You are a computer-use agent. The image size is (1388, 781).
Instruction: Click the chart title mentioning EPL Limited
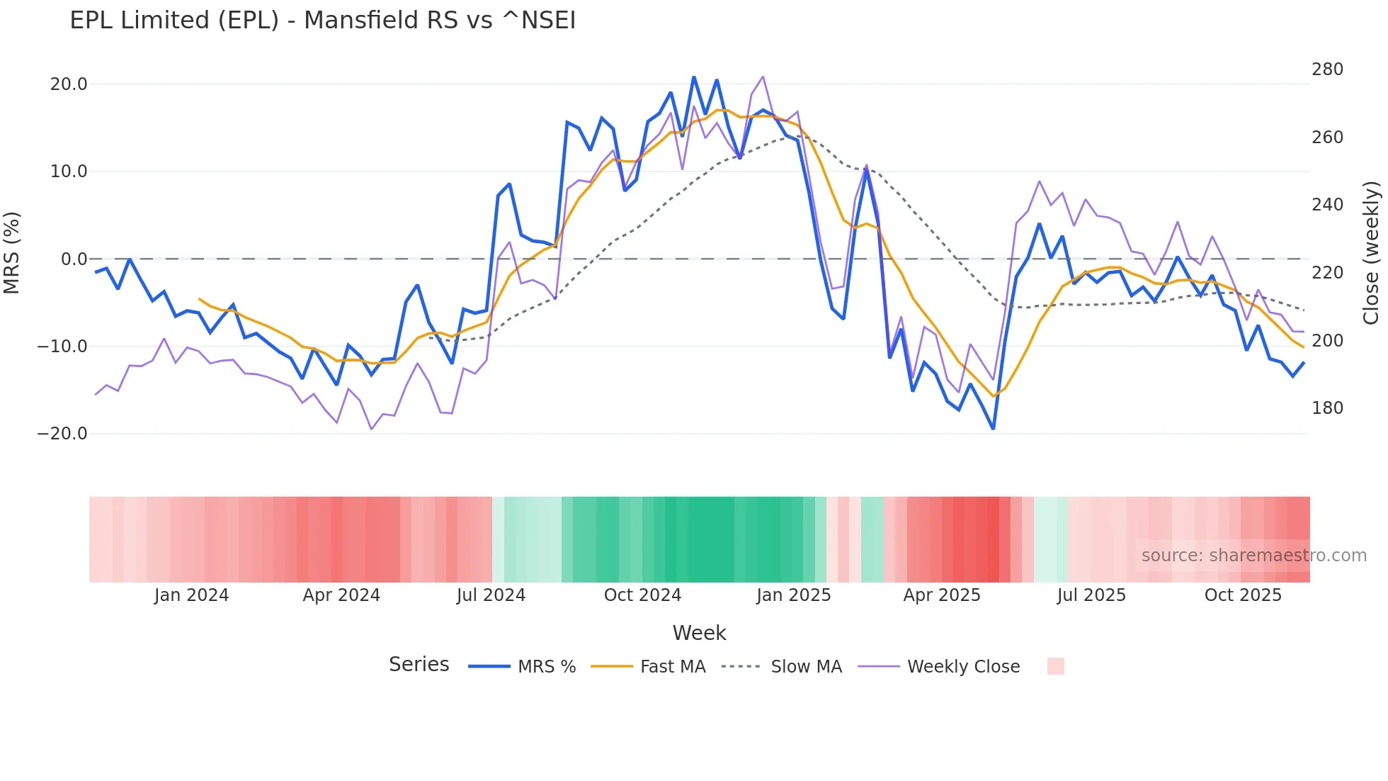tap(322, 21)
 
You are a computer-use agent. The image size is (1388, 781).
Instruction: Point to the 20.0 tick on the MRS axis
tap(69, 84)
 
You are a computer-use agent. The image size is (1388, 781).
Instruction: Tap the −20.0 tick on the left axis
tap(62, 434)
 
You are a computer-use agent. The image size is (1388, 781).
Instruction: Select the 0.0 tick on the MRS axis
tap(74, 259)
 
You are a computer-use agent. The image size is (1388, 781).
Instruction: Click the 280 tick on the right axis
tap(1327, 69)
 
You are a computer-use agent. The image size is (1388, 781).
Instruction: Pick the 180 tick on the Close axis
tap(1327, 408)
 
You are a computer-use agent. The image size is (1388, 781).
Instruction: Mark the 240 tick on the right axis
tap(1327, 205)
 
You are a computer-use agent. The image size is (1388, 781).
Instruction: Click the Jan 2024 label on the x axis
tap(191, 595)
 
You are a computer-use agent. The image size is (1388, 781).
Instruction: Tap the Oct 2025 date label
tap(1243, 595)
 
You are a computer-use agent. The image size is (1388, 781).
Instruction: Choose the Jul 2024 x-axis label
tap(491, 595)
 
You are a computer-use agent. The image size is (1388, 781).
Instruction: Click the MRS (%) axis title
tap(12, 253)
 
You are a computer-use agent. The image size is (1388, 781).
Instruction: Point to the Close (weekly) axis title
tap(1372, 253)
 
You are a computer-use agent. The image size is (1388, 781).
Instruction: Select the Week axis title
tap(699, 633)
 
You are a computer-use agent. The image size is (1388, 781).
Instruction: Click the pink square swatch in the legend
tap(1055, 666)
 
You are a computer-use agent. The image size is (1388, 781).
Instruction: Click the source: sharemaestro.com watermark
tap(1253, 556)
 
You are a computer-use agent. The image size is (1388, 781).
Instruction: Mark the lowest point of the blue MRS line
tap(993, 429)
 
